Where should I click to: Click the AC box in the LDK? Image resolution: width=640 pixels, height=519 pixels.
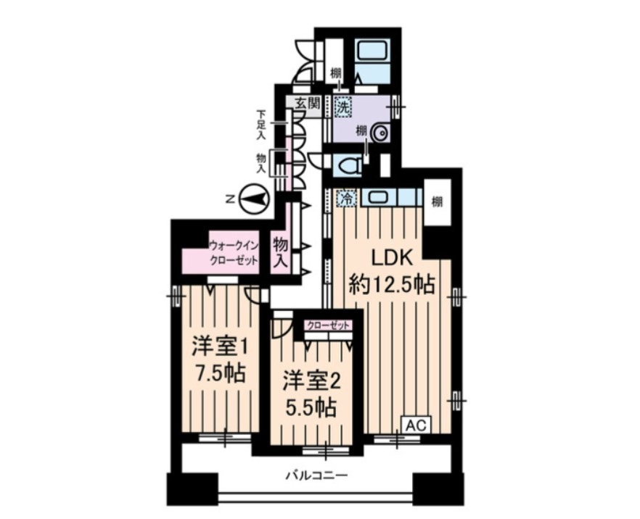coord(416,425)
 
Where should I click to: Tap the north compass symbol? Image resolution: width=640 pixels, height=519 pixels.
coord(254,199)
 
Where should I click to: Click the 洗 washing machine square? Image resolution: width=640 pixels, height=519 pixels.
coord(342,106)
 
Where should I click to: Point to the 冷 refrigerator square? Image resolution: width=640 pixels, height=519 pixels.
coord(346,199)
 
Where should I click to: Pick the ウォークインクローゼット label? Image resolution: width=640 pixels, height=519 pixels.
coord(234,253)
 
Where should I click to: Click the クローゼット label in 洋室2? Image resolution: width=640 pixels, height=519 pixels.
coord(329,325)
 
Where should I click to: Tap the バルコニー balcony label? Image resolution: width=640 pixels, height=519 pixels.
coord(316,475)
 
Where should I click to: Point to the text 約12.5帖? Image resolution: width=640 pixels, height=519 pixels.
coord(390,285)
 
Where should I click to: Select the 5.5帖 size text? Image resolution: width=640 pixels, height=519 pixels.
coord(311,407)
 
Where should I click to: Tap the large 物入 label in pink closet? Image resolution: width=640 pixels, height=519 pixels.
coord(281,252)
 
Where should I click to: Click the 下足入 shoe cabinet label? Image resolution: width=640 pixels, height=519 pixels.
coord(261,125)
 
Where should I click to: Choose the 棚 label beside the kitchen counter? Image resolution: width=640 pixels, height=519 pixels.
coord(438,202)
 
